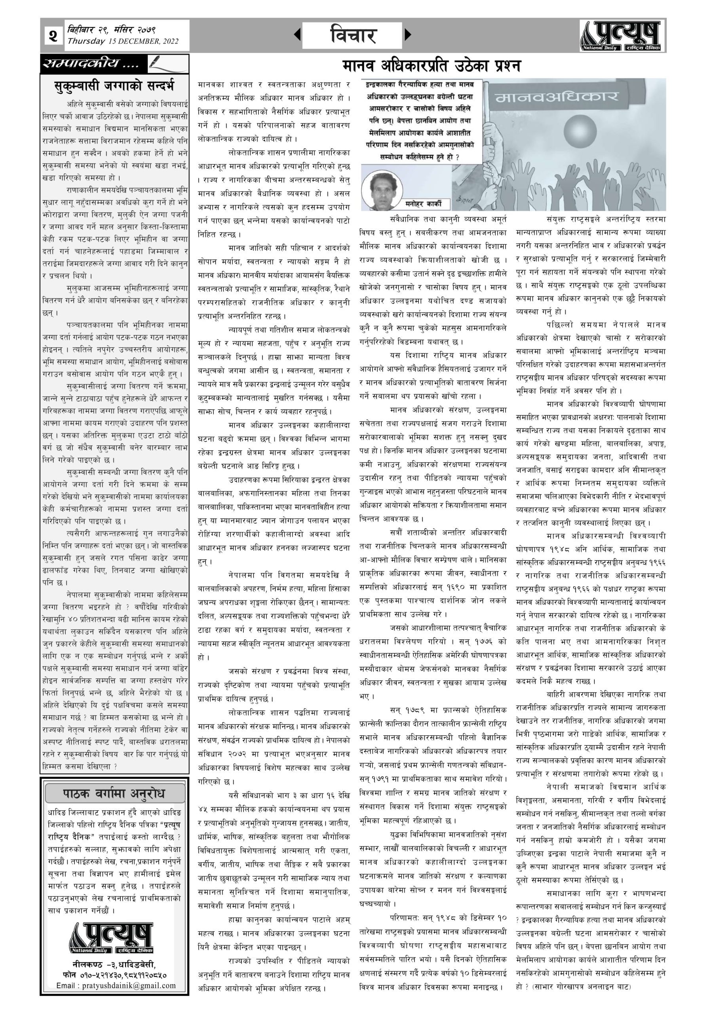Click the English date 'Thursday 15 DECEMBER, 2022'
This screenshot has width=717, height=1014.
(123, 42)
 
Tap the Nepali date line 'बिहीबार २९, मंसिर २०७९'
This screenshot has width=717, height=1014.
(111, 30)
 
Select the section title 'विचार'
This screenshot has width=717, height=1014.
(353, 35)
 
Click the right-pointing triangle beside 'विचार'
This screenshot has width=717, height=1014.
(407, 34)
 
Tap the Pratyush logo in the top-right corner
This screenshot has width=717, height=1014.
(622, 35)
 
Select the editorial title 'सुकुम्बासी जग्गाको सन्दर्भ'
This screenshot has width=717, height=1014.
(115, 85)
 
